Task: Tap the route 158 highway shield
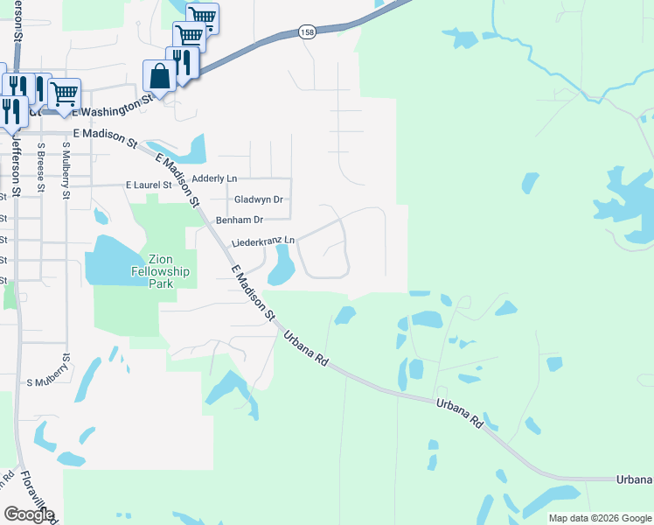tap(307, 32)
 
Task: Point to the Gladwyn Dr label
tap(259, 199)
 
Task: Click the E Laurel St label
tap(150, 185)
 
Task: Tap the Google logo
tap(28, 514)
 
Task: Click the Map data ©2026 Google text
tap(600, 518)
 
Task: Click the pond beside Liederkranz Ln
tap(281, 264)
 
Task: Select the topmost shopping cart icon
tap(202, 17)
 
